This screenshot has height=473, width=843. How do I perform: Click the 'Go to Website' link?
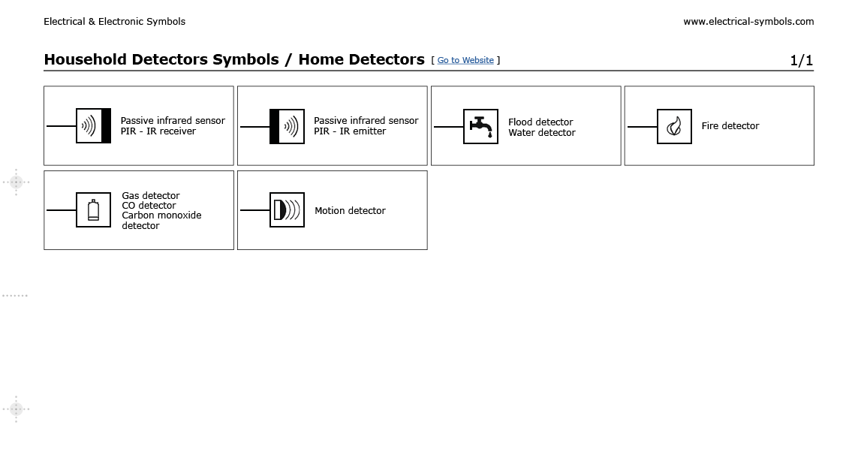(x=465, y=60)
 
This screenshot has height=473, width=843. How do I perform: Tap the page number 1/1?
(x=801, y=60)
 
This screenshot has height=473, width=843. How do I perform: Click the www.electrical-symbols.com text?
(x=748, y=22)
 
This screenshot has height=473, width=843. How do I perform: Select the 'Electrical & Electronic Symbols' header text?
(x=114, y=22)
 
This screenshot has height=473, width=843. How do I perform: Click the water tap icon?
(x=480, y=126)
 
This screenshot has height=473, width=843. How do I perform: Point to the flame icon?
(x=674, y=126)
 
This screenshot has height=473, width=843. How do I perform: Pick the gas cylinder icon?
(x=93, y=210)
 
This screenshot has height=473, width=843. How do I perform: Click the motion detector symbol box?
(x=287, y=210)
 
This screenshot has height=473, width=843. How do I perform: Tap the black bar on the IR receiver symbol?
(x=106, y=126)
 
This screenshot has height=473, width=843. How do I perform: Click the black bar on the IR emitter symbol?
(x=275, y=126)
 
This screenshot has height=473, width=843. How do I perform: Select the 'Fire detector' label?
(x=730, y=126)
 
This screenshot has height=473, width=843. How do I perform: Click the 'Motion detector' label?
(x=350, y=211)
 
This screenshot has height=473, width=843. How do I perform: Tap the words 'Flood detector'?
(x=540, y=122)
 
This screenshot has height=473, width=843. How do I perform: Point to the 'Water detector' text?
(x=541, y=133)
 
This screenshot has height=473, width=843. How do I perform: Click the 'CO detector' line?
(x=149, y=206)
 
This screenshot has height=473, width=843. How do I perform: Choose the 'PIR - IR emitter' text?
(x=350, y=131)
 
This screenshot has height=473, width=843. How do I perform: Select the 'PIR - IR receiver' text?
(x=158, y=131)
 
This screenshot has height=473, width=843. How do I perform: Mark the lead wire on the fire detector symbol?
(x=642, y=127)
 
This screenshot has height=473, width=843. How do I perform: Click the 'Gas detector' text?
(x=151, y=195)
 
